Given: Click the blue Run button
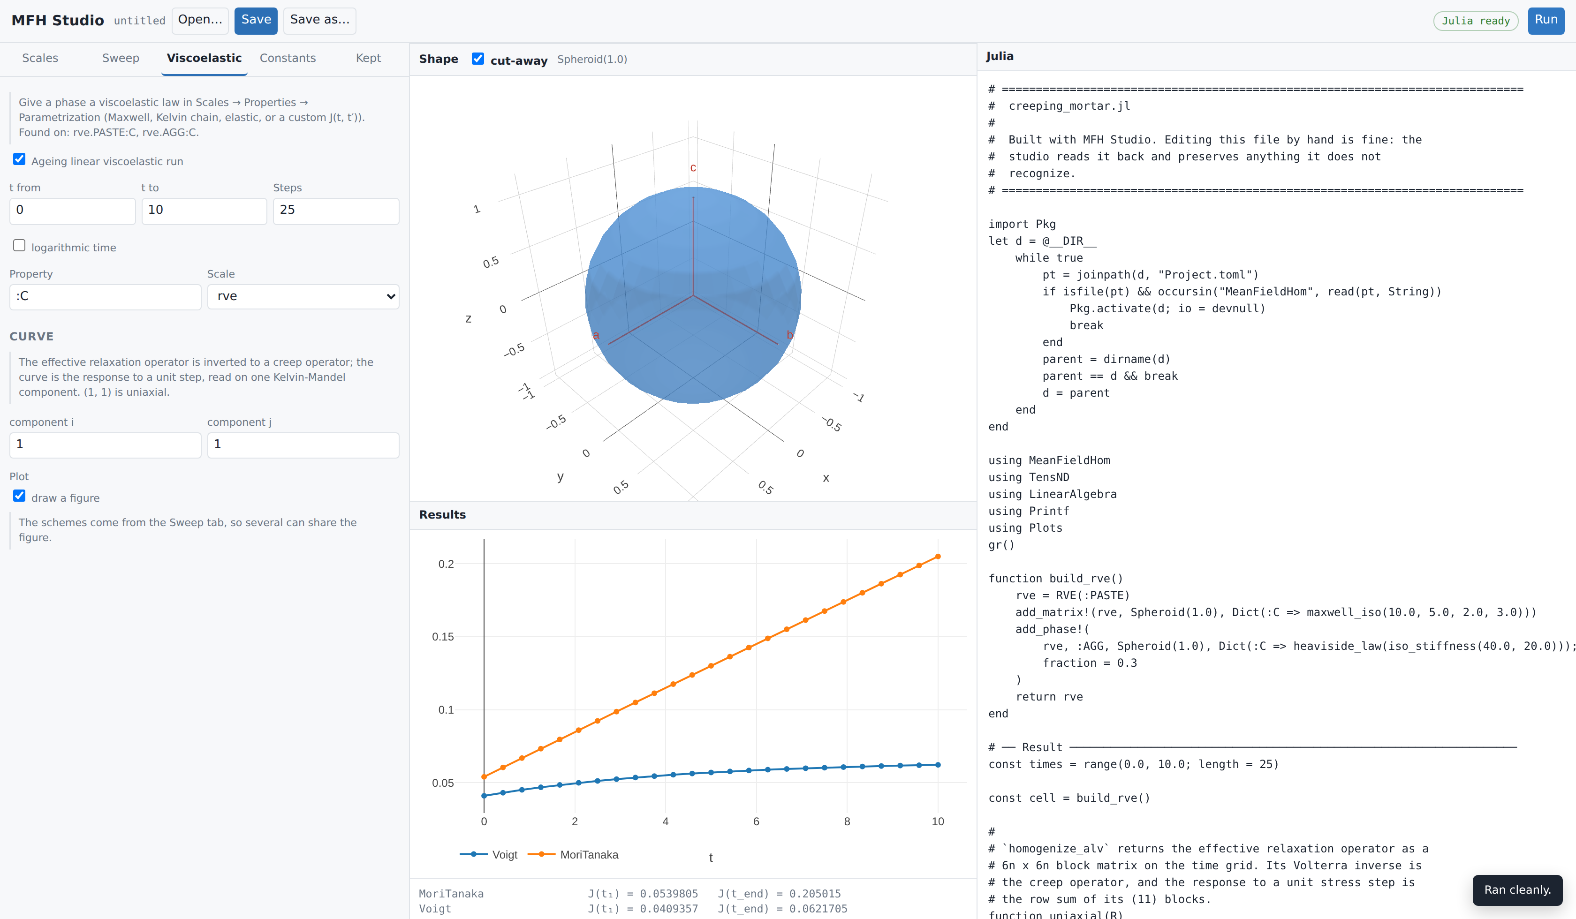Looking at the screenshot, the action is pyautogui.click(x=1546, y=21).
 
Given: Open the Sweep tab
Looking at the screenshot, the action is pyautogui.click(x=121, y=58).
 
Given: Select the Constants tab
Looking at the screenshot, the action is pyautogui.click(x=288, y=58).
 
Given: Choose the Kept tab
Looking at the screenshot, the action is pyautogui.click(x=368, y=58).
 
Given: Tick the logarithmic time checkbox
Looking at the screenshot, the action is pyautogui.click(x=19, y=246).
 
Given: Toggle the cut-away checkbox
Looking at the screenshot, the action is pyautogui.click(x=478, y=59).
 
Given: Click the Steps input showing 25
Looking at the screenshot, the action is pyautogui.click(x=336, y=211).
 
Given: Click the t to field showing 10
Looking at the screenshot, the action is pyautogui.click(x=204, y=211).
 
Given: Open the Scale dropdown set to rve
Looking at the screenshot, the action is pyautogui.click(x=303, y=296).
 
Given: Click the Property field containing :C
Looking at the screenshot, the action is pyautogui.click(x=105, y=297).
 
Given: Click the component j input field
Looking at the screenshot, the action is pyautogui.click(x=303, y=445).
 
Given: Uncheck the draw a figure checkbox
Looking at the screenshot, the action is pyautogui.click(x=19, y=496).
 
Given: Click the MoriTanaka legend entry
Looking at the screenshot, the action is pyautogui.click(x=574, y=855).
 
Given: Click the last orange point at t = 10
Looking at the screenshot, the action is pyautogui.click(x=938, y=557).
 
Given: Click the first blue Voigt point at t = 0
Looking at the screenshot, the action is pyautogui.click(x=484, y=796).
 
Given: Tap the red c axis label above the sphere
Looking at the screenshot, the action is pyautogui.click(x=693, y=167).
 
